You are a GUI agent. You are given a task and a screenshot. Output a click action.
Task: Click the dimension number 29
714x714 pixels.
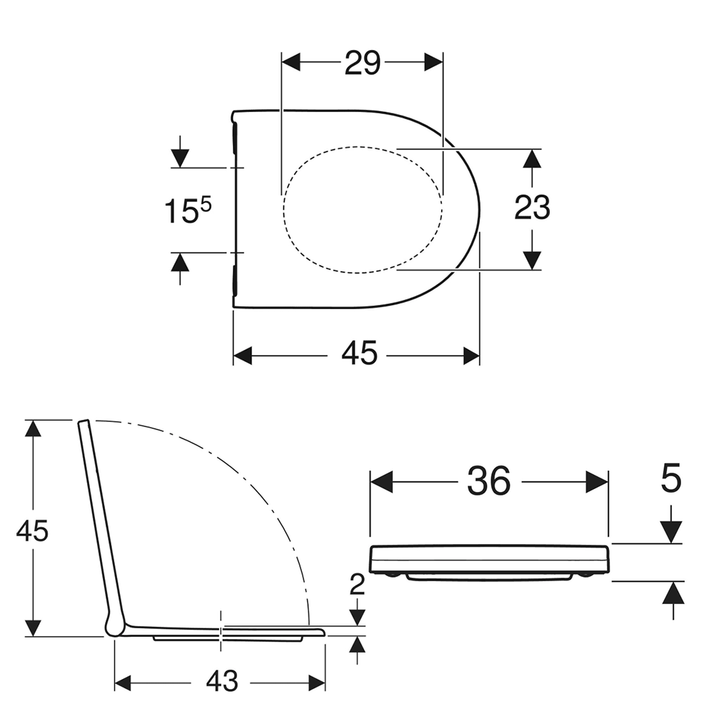[362, 64]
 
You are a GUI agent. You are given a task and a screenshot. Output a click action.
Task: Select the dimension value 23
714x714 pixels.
[532, 207]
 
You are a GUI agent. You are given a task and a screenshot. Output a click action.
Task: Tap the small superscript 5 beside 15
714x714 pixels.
[206, 204]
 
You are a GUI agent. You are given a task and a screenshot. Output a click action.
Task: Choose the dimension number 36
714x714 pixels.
[488, 481]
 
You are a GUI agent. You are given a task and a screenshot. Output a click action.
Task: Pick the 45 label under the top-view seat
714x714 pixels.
[359, 353]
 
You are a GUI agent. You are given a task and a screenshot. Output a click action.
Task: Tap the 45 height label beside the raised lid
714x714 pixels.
[32, 531]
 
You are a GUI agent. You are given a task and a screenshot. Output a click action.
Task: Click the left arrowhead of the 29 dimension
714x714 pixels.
[291, 62]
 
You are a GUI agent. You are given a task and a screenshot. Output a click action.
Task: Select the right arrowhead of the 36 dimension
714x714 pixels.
[597, 482]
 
